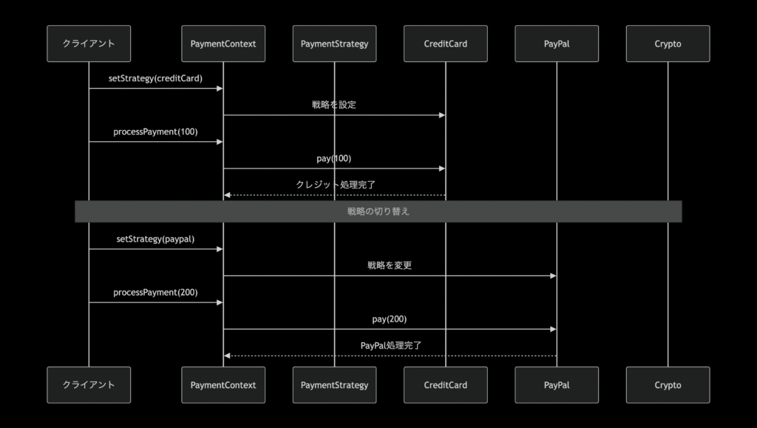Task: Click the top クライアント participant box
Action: [x=89, y=44]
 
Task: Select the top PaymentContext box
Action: [x=223, y=44]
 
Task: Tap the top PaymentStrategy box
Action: [x=334, y=44]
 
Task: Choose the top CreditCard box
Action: [x=446, y=44]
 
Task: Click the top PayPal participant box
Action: [x=557, y=44]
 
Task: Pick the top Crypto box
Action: [x=668, y=44]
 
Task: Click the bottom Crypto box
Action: [x=668, y=385]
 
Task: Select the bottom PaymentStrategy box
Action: [x=334, y=385]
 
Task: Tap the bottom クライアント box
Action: [x=89, y=385]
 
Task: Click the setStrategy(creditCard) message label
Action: [x=155, y=78]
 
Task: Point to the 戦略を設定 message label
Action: [x=334, y=105]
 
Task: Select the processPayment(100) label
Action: [x=155, y=132]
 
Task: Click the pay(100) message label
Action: [x=334, y=158]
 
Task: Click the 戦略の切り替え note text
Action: [x=378, y=211]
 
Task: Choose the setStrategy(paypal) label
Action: [x=155, y=239]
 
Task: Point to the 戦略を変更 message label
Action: [x=390, y=265]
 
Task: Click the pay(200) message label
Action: [x=390, y=319]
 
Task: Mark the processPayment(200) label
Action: [x=155, y=292]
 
